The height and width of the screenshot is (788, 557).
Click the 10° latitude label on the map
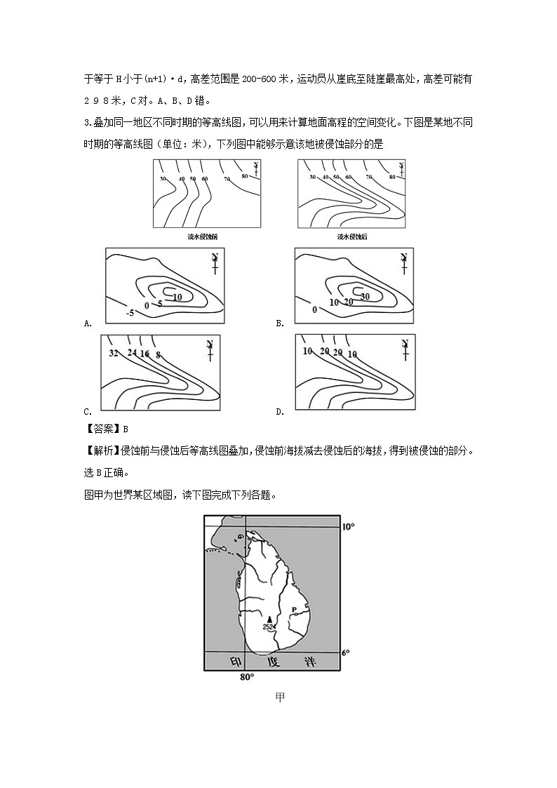[x=349, y=526]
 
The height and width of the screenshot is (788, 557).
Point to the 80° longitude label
[x=246, y=677]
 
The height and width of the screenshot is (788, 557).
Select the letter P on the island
[x=294, y=609]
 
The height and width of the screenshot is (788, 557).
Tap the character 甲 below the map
[x=280, y=697]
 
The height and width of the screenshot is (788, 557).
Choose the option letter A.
[x=88, y=323]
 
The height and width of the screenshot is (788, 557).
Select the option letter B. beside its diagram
[x=280, y=323]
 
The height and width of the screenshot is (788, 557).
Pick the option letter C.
[x=88, y=412]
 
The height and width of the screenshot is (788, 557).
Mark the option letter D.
[x=280, y=412]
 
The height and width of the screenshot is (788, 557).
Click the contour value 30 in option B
[x=364, y=296]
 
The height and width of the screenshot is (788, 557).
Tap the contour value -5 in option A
[x=130, y=312]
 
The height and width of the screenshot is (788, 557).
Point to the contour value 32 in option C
[x=114, y=352]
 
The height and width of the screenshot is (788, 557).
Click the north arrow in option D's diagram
[x=405, y=347]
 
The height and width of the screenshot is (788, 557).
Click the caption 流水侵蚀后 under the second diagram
[x=352, y=237]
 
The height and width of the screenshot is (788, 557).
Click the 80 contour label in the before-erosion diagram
[x=245, y=175]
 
